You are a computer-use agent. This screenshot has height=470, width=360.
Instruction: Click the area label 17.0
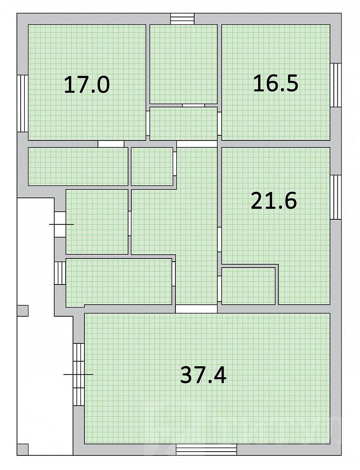coord(87,85)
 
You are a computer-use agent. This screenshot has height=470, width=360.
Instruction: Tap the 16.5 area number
coord(276,83)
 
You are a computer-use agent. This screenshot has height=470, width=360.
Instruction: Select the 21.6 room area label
coord(274,201)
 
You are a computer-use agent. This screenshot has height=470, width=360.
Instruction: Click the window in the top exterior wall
coord(182,18)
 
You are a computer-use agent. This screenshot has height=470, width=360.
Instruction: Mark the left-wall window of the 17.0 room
coord(22,103)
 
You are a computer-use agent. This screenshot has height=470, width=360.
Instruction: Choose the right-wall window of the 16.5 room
coord(336,85)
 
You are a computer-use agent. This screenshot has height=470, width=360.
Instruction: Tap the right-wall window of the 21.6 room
coord(336,197)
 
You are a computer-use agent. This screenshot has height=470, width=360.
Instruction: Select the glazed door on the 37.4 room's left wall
coord(79,375)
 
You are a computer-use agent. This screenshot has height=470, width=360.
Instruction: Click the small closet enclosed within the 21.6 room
coord(248,285)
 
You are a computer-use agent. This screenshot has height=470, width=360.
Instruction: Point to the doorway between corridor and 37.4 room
coord(196,309)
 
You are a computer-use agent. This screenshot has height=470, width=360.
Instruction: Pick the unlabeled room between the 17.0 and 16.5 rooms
coord(184,64)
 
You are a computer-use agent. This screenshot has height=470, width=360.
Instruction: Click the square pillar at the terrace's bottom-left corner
coord(22,450)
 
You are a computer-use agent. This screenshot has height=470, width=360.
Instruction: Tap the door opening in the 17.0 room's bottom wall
coord(111,144)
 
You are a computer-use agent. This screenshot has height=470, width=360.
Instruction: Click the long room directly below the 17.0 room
coord(78,166)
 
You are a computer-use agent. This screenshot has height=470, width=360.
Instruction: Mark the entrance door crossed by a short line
coord(60,224)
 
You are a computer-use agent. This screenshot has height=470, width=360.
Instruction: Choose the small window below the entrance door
coord(60,273)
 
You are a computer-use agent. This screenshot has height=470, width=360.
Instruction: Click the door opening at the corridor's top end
coord(197,144)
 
